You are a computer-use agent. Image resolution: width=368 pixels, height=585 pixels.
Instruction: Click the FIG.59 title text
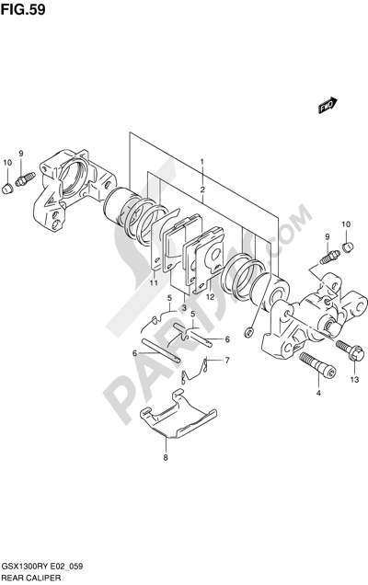click(x=23, y=9)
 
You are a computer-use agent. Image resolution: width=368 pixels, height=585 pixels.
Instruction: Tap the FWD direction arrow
click(x=328, y=105)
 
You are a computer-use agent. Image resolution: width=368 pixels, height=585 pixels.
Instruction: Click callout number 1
click(x=201, y=162)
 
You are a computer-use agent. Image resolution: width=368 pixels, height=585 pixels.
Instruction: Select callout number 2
click(x=202, y=189)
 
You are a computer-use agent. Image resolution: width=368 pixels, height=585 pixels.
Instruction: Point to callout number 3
click(x=184, y=308)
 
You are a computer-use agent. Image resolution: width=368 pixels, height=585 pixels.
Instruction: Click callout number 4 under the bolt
click(x=318, y=393)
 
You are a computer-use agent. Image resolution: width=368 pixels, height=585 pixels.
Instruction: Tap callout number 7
click(x=227, y=360)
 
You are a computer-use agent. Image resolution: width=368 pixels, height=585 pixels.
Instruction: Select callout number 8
click(x=166, y=457)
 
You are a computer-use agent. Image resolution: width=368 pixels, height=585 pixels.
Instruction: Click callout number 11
click(x=154, y=283)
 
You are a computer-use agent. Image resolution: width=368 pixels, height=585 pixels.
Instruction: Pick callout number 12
click(x=210, y=297)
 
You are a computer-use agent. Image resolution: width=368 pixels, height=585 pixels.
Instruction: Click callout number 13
click(x=354, y=380)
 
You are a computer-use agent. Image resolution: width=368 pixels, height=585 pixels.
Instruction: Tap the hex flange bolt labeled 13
click(x=351, y=350)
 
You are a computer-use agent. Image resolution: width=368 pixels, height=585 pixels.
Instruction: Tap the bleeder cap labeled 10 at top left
click(x=7, y=189)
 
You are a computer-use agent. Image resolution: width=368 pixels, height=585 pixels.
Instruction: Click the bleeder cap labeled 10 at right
click(x=348, y=247)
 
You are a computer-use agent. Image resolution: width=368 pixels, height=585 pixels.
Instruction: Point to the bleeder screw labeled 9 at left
click(x=25, y=178)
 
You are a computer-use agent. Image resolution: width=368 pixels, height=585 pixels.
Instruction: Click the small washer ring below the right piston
click(x=247, y=332)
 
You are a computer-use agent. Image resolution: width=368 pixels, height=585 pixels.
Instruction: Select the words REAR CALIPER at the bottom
click(x=31, y=579)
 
